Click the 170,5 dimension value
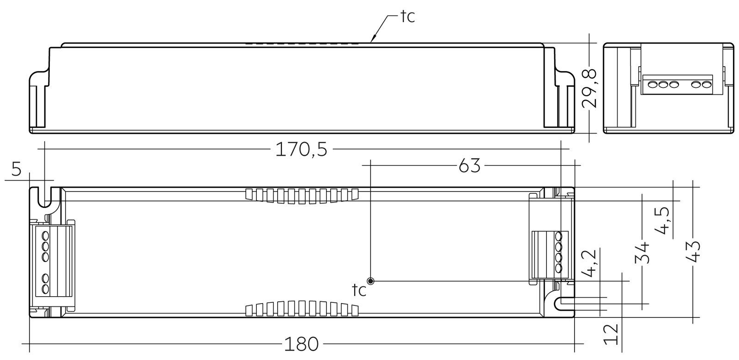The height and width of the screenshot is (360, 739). coord(301,149)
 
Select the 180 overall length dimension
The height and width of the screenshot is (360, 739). coord(301,344)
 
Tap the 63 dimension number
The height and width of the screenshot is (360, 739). coord(469,165)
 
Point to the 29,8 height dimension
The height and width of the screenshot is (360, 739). coord(589,88)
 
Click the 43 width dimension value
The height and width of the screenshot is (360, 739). coord(692,251)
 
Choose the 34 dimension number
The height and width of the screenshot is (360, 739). coord(642,253)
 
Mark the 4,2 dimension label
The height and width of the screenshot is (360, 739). coord(589,263)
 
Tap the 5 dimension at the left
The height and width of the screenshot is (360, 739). coord(16,170)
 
